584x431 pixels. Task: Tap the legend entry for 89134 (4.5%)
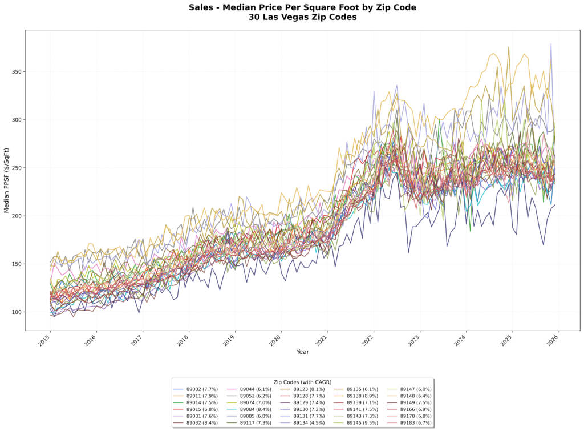tap(309, 423)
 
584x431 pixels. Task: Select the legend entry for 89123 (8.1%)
tap(309, 389)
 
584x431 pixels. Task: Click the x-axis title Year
tap(303, 352)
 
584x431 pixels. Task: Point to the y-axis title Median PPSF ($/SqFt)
tap(7, 180)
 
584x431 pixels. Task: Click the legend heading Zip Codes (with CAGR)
tap(303, 382)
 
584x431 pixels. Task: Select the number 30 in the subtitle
tap(254, 17)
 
